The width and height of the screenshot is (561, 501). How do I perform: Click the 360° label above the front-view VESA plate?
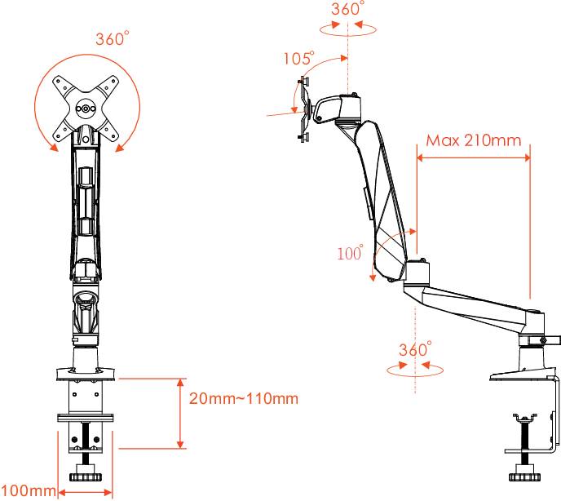[x=112, y=39]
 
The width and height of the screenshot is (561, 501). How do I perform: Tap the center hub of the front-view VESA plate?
[x=86, y=107]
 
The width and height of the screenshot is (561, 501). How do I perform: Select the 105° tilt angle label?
[x=298, y=59]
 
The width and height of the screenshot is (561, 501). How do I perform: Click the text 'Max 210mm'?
[x=474, y=140]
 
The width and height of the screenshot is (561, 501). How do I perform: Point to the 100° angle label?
[x=350, y=253]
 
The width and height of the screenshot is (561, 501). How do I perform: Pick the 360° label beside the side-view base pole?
[x=414, y=349]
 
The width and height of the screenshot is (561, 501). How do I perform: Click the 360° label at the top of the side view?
[x=348, y=10]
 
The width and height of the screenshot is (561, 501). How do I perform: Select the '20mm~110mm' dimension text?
[x=232, y=399]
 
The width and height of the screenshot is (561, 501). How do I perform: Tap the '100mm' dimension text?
[x=28, y=490]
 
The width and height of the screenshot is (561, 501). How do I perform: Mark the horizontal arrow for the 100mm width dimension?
[x=85, y=492]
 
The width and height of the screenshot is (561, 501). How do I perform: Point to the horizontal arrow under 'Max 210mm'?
[x=473, y=158]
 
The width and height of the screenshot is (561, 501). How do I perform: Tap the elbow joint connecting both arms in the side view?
[x=415, y=273]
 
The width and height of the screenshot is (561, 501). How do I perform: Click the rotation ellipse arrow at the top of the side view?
[x=348, y=28]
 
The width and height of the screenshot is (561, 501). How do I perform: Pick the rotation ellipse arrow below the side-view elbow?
[x=415, y=369]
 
